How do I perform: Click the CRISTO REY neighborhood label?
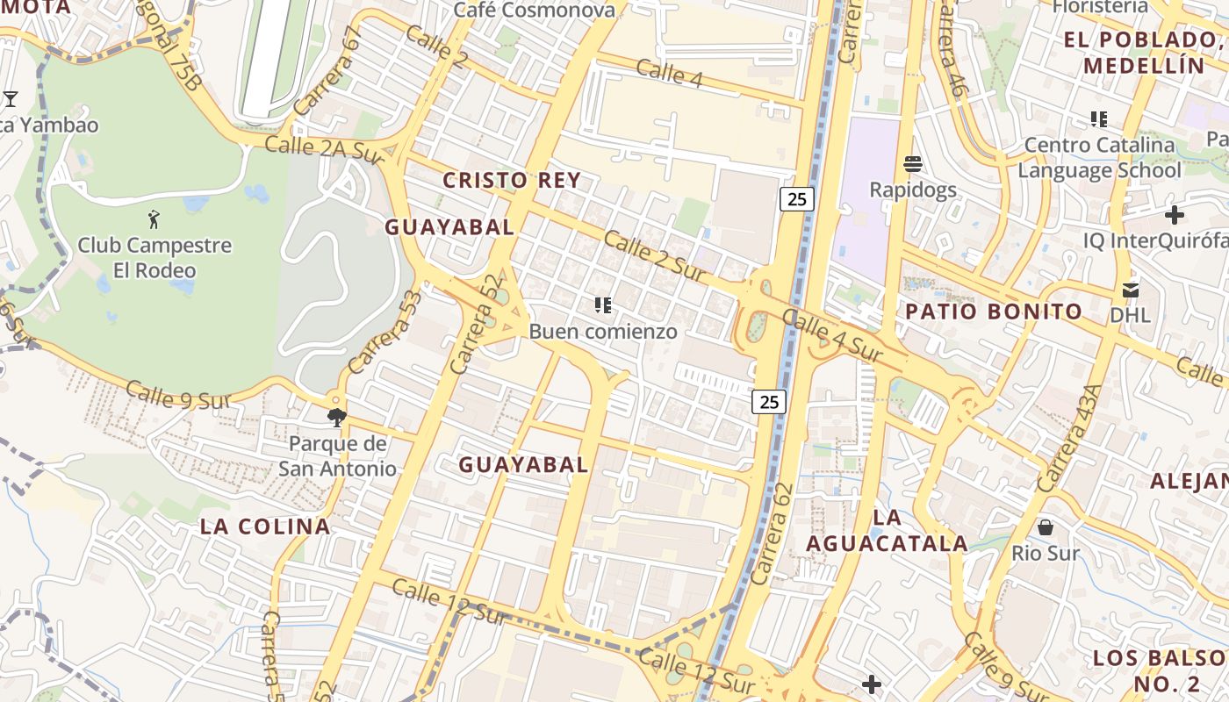click(x=511, y=181)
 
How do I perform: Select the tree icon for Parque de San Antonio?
click(x=336, y=417)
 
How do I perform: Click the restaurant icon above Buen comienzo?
click(x=602, y=305)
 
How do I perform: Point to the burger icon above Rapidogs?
click(x=913, y=164)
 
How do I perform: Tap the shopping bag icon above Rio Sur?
click(x=1046, y=527)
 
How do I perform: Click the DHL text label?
click(x=1131, y=315)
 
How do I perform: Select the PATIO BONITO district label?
click(x=994, y=312)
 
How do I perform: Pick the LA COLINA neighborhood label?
click(x=265, y=526)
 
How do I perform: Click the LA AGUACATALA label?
click(x=887, y=531)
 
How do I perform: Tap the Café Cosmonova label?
click(x=534, y=11)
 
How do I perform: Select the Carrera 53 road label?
click(x=385, y=332)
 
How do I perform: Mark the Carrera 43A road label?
click(x=1068, y=438)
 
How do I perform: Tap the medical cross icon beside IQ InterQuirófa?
click(x=1175, y=215)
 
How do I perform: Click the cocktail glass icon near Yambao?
click(x=11, y=98)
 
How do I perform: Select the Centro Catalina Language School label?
click(x=1099, y=157)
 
